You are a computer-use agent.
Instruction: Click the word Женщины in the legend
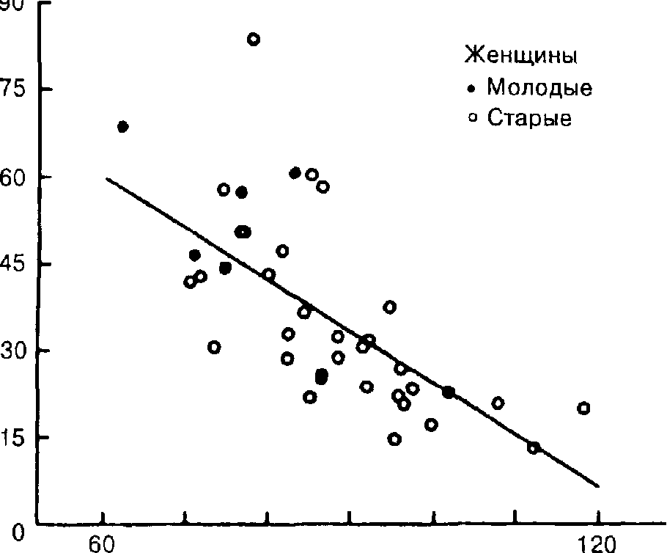[520, 55]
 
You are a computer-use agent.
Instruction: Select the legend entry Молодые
[539, 88]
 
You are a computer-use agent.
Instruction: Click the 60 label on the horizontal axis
[103, 544]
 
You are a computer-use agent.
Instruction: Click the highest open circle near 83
[253, 40]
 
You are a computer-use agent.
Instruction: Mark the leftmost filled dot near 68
[122, 127]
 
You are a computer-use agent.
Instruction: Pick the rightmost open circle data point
[583, 408]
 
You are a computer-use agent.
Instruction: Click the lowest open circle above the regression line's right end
[533, 447]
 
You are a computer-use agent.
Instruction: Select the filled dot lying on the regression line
[449, 392]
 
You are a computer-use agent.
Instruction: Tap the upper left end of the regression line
[106, 178]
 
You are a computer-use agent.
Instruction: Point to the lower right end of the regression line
[599, 486]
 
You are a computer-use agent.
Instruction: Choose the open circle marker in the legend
[473, 117]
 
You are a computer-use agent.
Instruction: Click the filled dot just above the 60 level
[295, 173]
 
